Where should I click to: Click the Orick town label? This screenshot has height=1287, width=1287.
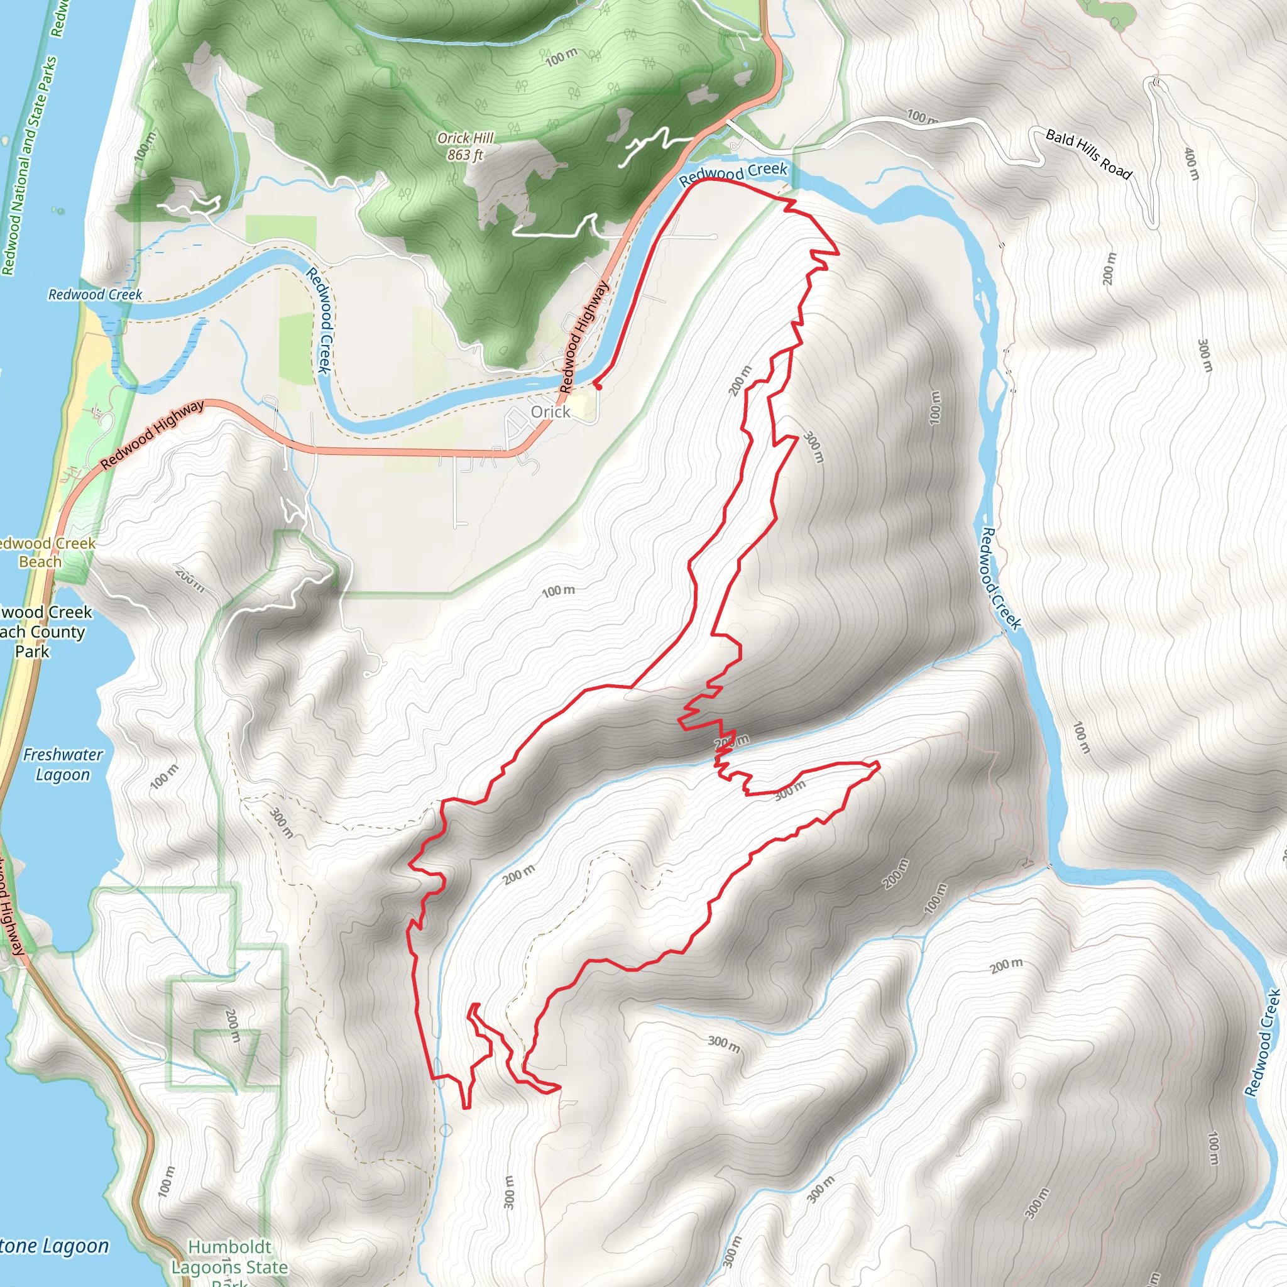550,412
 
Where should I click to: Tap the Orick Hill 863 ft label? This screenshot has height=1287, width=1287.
466,146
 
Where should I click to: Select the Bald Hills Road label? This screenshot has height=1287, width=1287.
1088,155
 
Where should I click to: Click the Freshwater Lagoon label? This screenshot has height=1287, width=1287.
63,764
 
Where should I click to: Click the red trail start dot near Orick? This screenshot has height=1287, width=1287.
598,386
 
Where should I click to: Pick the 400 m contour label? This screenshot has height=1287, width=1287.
1191,164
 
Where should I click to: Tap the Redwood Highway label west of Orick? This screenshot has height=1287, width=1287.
153,435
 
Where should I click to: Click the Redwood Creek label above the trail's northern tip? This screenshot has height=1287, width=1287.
733,173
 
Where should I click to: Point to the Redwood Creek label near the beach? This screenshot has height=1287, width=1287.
95,295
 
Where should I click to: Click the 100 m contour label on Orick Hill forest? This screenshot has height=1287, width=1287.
562,57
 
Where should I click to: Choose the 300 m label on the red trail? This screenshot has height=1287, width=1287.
790,790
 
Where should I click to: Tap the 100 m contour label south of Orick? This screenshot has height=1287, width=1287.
558,591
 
